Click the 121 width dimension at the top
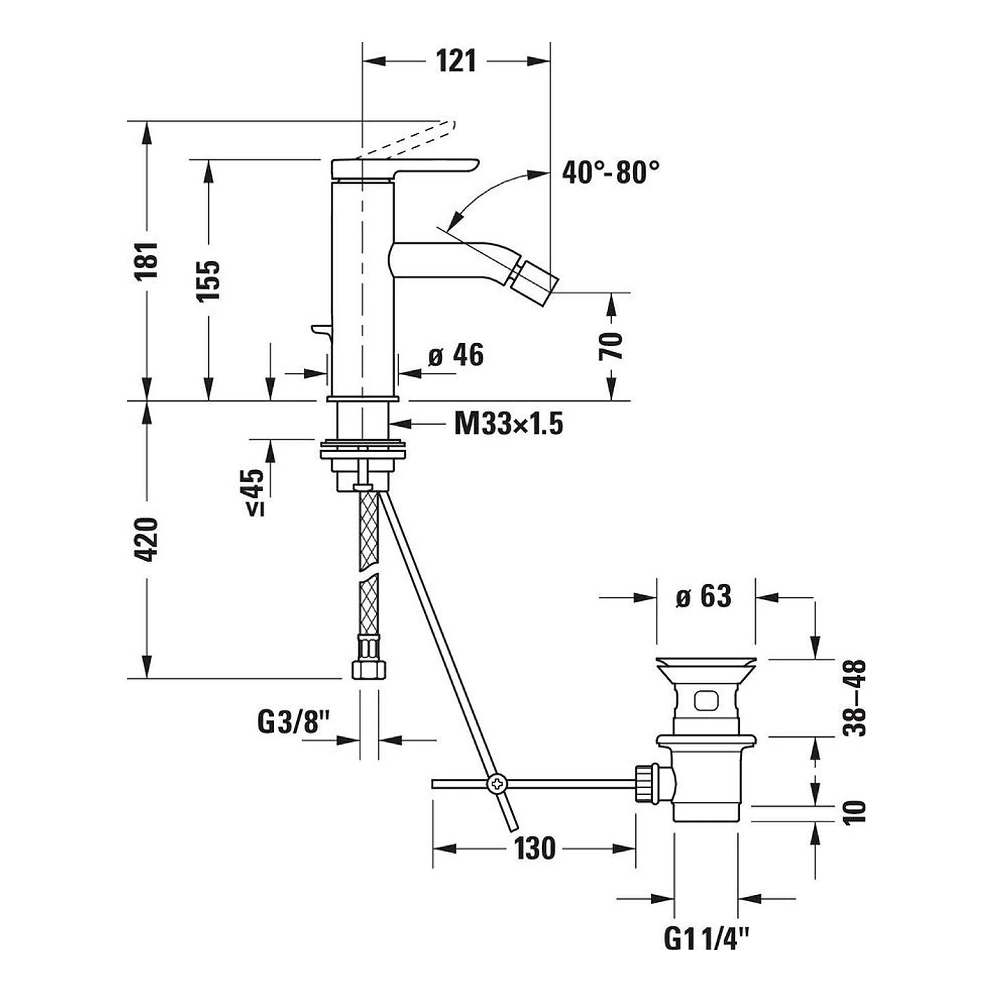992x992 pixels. (x=456, y=61)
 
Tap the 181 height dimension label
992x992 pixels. (x=146, y=261)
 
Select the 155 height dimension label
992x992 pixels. (x=208, y=280)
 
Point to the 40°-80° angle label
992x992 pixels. (x=611, y=172)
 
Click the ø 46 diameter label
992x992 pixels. (x=456, y=355)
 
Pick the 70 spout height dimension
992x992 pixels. (x=611, y=346)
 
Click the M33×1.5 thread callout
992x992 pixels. (x=509, y=423)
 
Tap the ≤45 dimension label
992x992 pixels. (x=254, y=492)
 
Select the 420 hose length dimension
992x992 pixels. (x=146, y=539)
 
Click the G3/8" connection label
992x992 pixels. (x=293, y=722)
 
